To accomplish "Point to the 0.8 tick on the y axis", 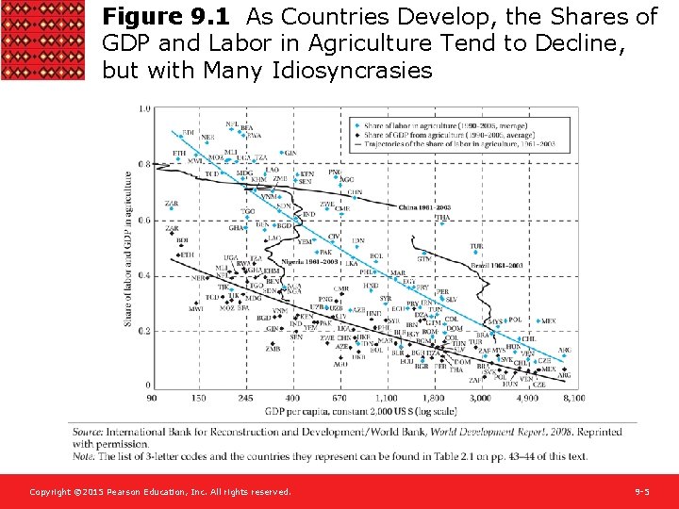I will [143, 164].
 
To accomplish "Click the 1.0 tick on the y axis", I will [143, 109].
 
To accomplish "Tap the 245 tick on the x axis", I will [245, 398].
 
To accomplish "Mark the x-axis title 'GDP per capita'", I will [362, 411].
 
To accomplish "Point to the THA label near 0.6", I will [441, 218].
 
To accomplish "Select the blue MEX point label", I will [548, 321].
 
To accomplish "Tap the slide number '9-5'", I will [640, 492].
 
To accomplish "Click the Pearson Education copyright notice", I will [159, 492].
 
